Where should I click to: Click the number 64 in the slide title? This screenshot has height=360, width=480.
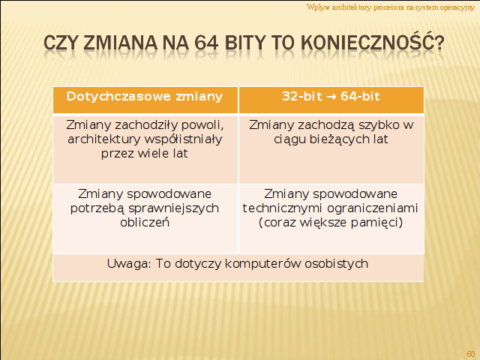click(x=206, y=43)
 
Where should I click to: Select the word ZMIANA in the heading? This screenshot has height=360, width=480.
click(x=120, y=43)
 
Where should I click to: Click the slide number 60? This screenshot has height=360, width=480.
click(x=470, y=353)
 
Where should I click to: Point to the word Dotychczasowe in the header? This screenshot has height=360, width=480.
click(x=118, y=97)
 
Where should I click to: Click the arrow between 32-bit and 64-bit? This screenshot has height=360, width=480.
click(x=331, y=97)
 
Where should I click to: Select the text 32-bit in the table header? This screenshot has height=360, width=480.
click(x=302, y=97)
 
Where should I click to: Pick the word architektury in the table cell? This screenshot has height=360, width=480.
click(x=104, y=139)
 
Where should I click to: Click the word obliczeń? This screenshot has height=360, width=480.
click(x=145, y=222)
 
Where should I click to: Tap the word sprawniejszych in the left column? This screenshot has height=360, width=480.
click(x=173, y=208)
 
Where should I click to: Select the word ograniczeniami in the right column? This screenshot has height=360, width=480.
click(x=373, y=208)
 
